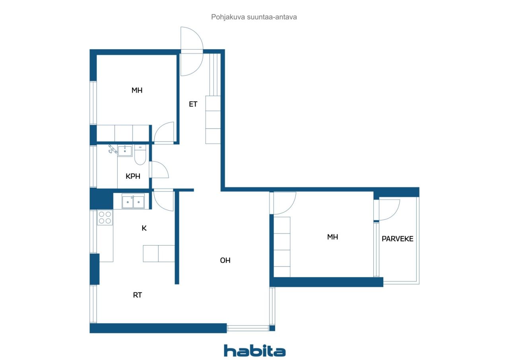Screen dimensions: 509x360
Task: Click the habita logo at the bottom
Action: tap(254, 350)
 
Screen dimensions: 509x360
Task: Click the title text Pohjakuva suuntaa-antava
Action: tap(254, 17)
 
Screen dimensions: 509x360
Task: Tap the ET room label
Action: tap(193, 104)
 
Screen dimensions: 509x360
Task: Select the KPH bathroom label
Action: tap(133, 176)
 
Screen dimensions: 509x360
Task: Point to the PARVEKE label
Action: tap(397, 239)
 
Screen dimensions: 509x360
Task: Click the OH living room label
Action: tap(225, 260)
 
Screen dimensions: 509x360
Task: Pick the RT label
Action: tap(138, 295)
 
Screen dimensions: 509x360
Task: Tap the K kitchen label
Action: tap(144, 228)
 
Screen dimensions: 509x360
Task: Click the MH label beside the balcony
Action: tap(332, 237)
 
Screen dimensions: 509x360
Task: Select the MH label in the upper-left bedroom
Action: tap(137, 90)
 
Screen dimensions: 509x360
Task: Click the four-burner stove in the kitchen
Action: tap(105, 217)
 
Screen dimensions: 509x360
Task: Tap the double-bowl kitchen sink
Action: tap(133, 201)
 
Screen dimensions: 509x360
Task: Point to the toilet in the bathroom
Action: tap(140, 155)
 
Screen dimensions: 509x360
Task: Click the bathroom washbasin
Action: tap(125, 151)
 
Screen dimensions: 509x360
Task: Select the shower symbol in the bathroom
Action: tap(113, 149)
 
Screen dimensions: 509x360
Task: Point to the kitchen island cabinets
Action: tap(159, 254)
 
